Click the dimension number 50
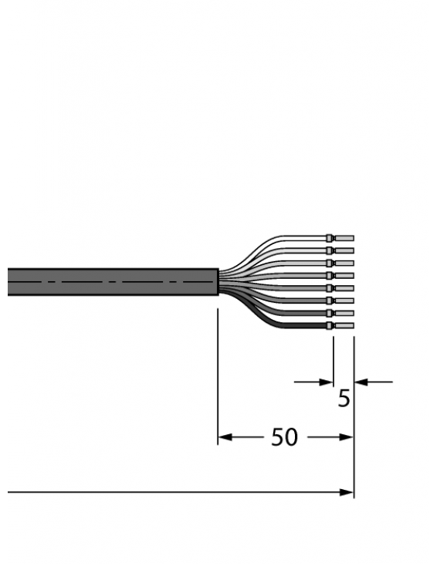click(x=284, y=437)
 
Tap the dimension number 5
click(x=344, y=399)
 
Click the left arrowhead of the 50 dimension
click(x=224, y=437)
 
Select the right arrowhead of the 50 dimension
click(x=347, y=437)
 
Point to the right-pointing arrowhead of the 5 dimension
click(x=327, y=381)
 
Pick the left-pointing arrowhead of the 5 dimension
click(x=360, y=381)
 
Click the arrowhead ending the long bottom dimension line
click(x=348, y=492)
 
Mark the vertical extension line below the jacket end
click(x=218, y=371)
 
